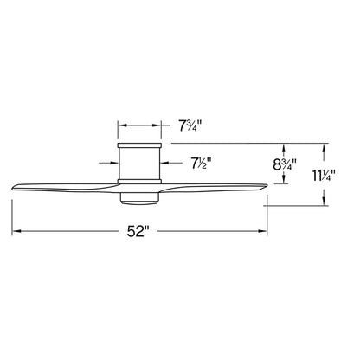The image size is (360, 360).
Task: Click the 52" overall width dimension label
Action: pyautogui.click(x=138, y=231)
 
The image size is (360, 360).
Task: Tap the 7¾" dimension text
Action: pyautogui.click(x=190, y=126)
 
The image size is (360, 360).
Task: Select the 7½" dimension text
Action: pyautogui.click(x=201, y=164)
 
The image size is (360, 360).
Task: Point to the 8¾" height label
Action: pyautogui.click(x=285, y=164)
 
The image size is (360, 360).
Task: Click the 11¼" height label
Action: pyautogui.click(x=324, y=176)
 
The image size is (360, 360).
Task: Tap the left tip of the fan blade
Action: pyautogui.click(x=12, y=189)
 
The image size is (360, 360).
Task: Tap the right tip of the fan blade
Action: pyautogui.click(x=267, y=185)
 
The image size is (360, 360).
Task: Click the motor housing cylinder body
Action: pyautogui.click(x=139, y=163)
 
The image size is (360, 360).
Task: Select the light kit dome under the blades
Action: pyautogui.click(x=139, y=198)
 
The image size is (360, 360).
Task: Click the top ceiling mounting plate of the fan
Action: pyautogui.click(x=139, y=145)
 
